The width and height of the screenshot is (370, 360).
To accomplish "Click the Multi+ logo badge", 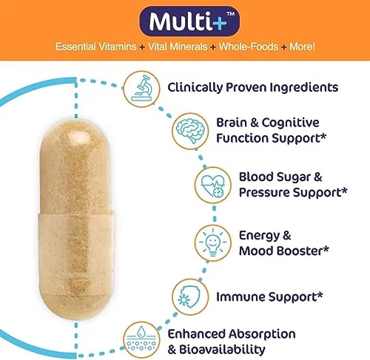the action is pos(189,21).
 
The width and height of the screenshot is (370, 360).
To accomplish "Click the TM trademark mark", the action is pos(231,14).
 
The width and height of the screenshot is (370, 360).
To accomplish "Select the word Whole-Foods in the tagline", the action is pos(249,47).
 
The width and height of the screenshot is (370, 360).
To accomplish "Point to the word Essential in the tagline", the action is pos(75,47).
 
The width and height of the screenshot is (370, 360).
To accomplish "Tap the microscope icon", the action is pos(141,89).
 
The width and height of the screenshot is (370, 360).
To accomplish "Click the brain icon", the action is pos(190,131).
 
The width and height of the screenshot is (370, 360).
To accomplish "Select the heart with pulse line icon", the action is pos(213,185).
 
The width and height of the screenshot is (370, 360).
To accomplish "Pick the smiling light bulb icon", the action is pos(213,243).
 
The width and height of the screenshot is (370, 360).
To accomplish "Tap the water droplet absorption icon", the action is pos(141,340).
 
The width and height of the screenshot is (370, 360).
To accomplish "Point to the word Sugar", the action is pos(293,177).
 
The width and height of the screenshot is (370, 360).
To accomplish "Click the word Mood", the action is pos(256,251).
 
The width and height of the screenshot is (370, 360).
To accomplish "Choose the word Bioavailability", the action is pos(222,350).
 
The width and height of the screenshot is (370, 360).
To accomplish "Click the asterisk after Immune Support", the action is pos(320,294).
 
